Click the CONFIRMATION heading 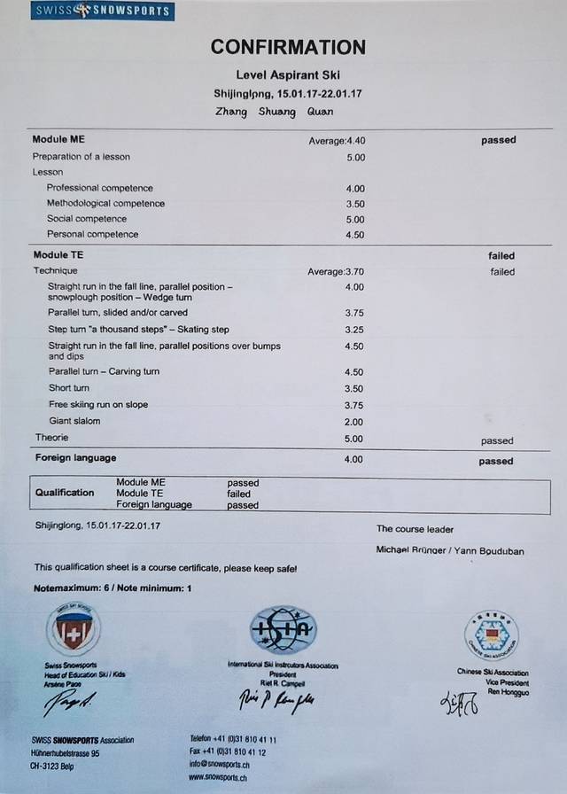tap(288, 47)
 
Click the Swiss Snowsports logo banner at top tap(102, 12)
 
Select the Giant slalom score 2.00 tap(354, 422)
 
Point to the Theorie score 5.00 tap(354, 439)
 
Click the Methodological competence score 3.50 tap(354, 204)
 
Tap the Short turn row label tap(68, 388)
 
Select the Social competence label tap(87, 219)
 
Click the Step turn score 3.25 tap(354, 329)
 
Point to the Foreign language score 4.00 tap(354, 460)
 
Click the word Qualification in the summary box tap(64, 493)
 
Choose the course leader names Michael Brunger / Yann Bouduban tap(449, 551)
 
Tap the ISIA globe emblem tap(283, 630)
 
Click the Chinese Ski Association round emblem tap(491, 634)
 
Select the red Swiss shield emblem tap(73, 630)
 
